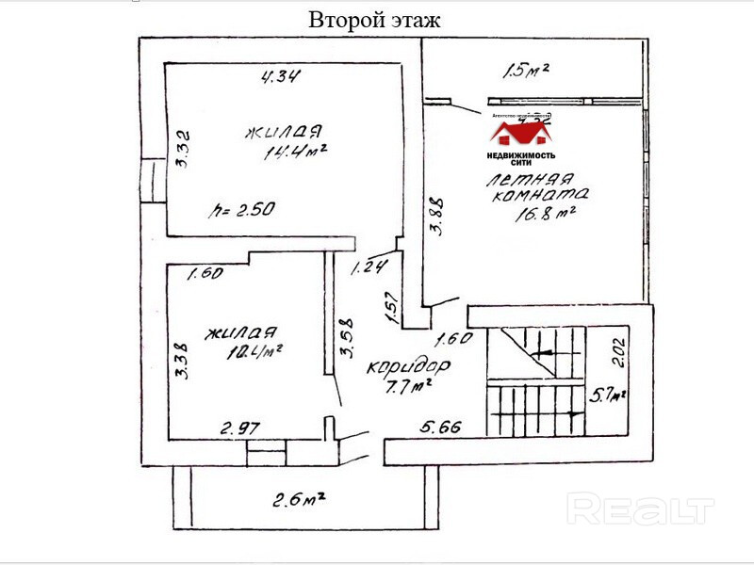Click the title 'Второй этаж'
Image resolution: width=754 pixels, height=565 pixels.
pyautogui.click(x=374, y=20)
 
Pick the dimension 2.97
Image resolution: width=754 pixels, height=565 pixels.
pyautogui.click(x=240, y=428)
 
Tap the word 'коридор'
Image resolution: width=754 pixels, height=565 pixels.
pyautogui.click(x=408, y=364)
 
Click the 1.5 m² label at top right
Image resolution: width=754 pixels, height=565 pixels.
pyautogui.click(x=526, y=69)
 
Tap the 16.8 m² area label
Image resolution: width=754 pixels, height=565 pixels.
pyautogui.click(x=545, y=213)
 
